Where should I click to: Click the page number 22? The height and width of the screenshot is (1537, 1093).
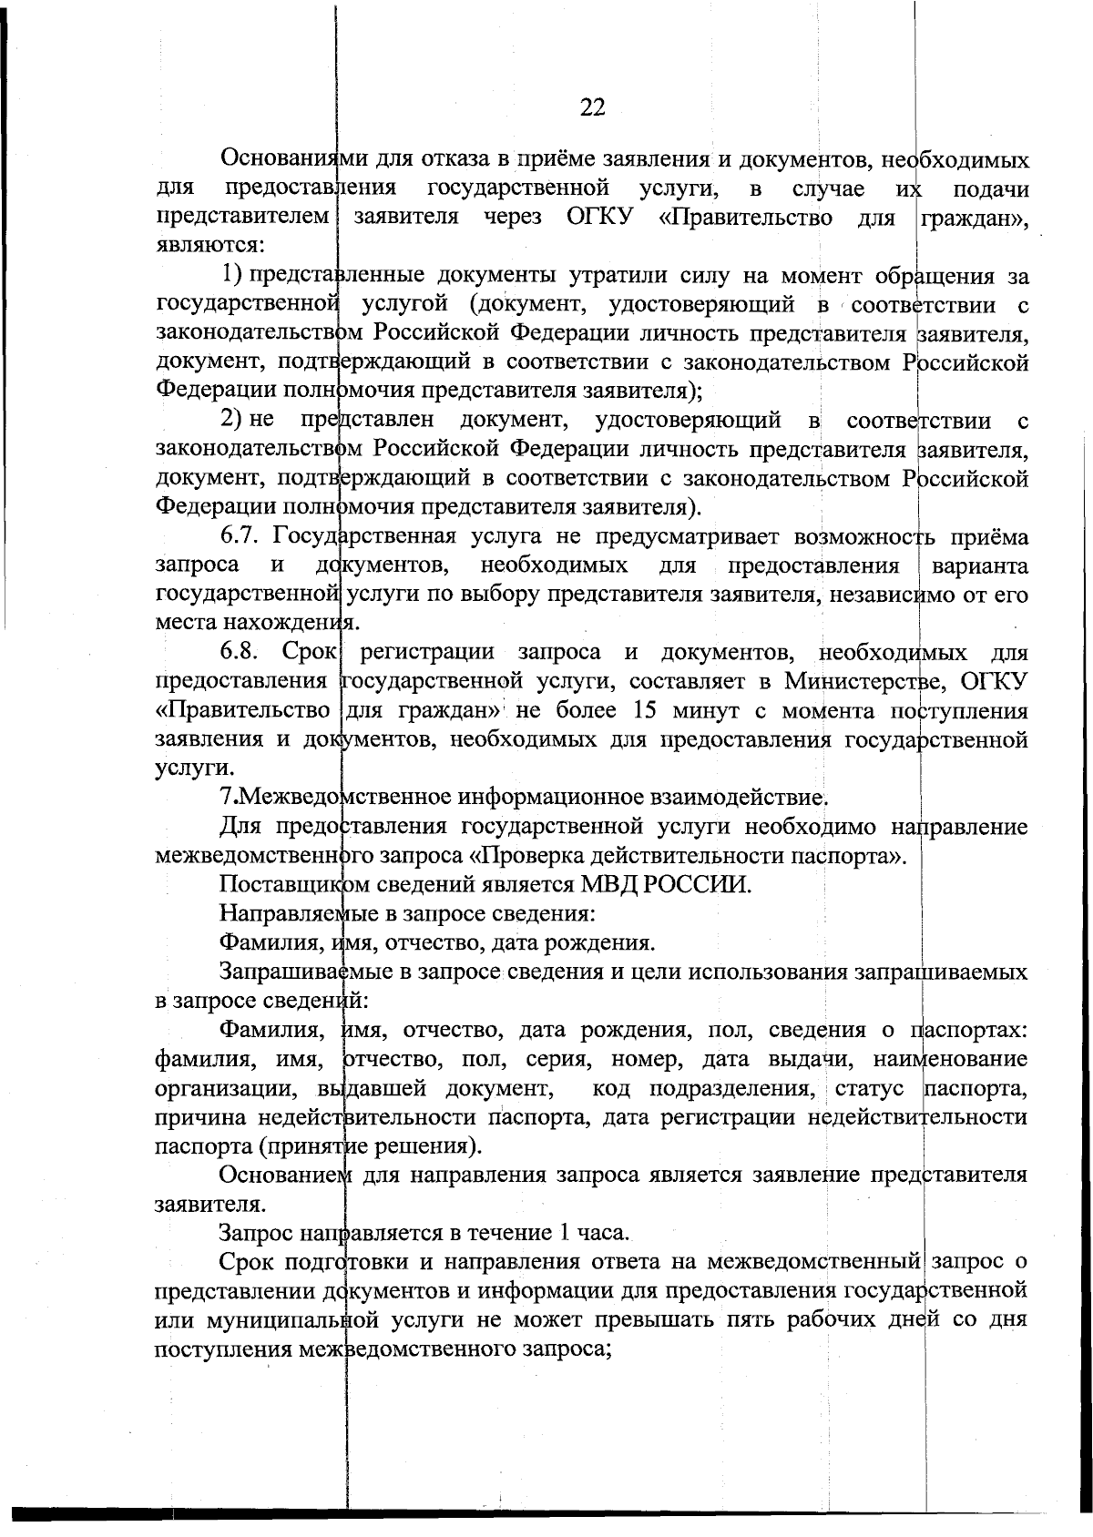click(592, 108)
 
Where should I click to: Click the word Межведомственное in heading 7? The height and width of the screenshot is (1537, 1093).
click(321, 799)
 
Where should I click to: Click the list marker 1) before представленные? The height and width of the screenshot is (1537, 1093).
click(232, 276)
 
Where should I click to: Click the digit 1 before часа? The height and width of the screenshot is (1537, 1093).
click(566, 1233)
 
